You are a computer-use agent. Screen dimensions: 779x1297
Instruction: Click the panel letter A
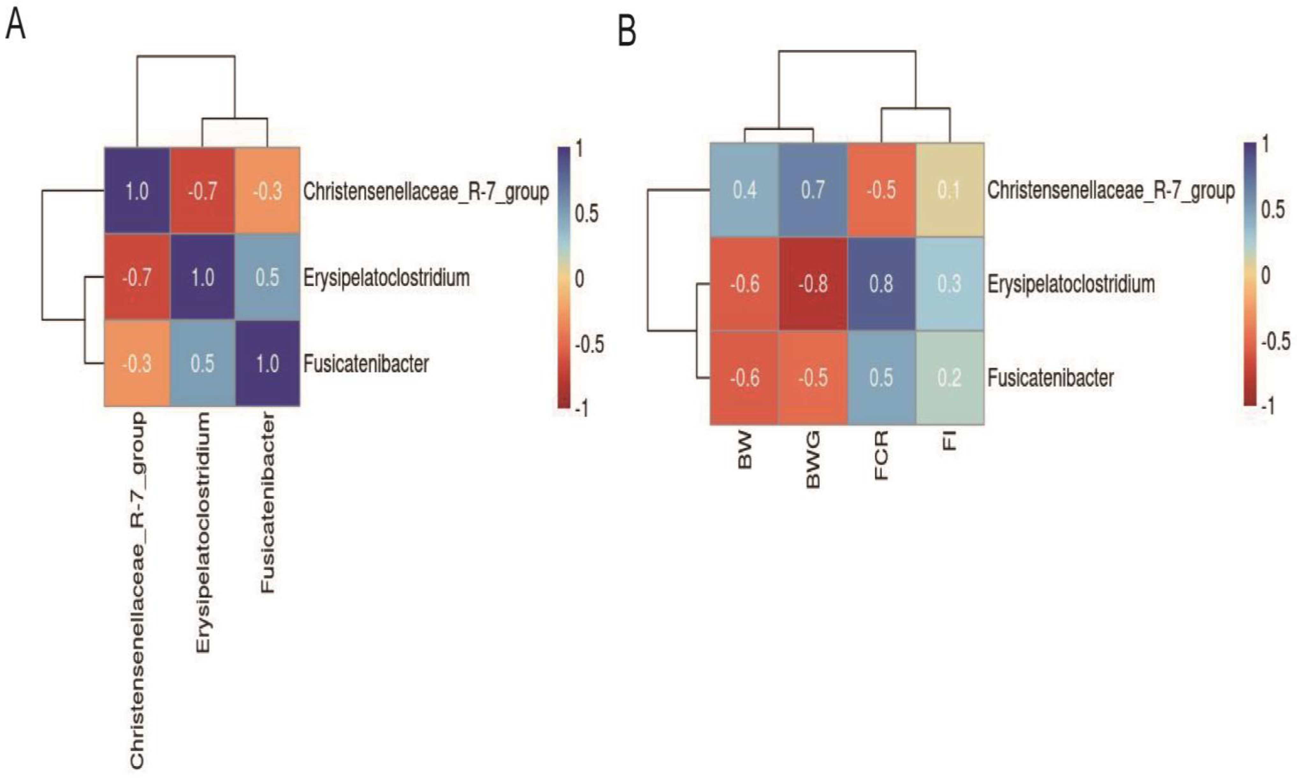tap(15, 25)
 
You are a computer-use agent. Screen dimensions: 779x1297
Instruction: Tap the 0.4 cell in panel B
tap(744, 190)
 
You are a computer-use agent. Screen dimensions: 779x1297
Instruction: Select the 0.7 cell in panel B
tap(812, 190)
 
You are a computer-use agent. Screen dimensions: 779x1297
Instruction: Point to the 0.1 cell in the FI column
tap(949, 190)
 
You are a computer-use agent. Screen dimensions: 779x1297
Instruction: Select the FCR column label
tap(881, 456)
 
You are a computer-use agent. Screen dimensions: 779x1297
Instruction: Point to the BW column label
tap(744, 450)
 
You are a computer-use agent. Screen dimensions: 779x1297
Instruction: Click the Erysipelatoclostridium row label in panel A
tap(386, 278)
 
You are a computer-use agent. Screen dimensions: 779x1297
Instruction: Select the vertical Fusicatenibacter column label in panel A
tap(268, 503)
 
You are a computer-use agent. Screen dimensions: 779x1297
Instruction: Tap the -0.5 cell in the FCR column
tap(881, 190)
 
